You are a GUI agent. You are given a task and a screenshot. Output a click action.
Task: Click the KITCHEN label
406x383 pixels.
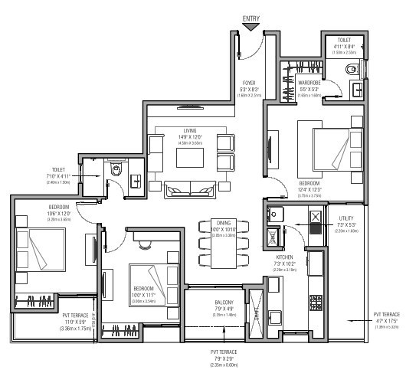[x=285, y=258]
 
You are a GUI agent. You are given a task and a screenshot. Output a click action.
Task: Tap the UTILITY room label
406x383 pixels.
[x=345, y=218]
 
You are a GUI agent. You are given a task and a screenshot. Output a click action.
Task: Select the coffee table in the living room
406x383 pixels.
[x=189, y=156]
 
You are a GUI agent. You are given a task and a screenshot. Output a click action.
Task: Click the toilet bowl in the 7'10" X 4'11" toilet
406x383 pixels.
[x=116, y=172]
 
